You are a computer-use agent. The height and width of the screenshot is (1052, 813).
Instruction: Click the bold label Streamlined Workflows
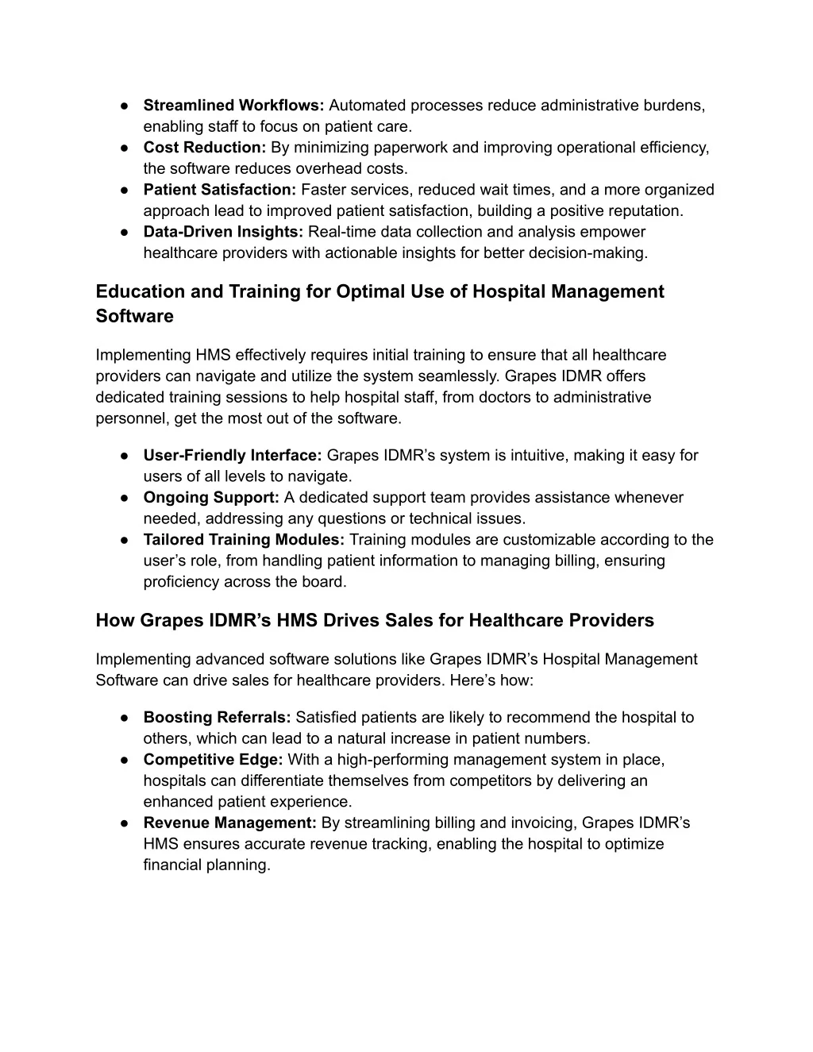point(233,106)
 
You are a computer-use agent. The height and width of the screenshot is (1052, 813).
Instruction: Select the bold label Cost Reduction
point(205,148)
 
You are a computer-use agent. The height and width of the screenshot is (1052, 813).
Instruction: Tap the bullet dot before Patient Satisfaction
point(125,190)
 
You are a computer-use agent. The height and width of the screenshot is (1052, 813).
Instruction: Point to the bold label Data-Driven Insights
point(223,232)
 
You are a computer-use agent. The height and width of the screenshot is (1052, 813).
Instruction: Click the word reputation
point(644,211)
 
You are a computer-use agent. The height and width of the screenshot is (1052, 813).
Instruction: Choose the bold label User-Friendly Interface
point(232,456)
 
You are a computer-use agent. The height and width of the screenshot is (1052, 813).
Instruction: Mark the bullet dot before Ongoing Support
point(125,498)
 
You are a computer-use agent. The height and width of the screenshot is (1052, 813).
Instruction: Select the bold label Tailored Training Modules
point(244,540)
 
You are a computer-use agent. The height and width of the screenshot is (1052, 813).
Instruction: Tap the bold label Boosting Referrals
point(217,718)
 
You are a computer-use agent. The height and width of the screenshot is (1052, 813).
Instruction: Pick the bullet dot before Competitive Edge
point(125,760)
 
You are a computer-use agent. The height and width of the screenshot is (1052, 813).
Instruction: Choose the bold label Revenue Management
point(230,823)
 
